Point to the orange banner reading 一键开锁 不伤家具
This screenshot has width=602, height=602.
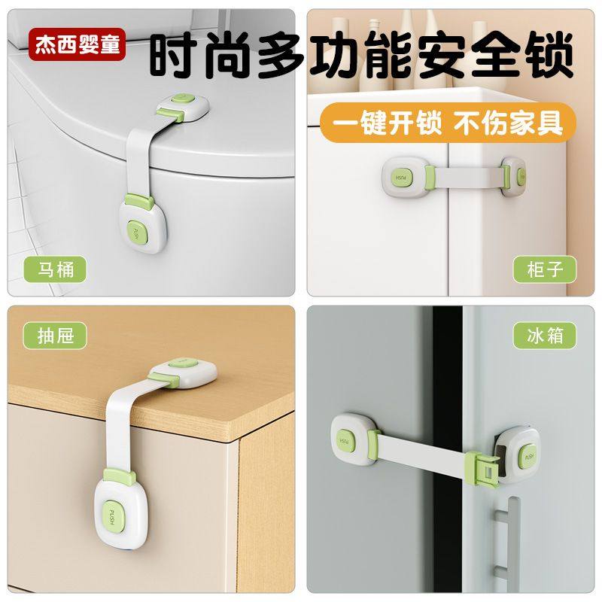[x=442, y=121]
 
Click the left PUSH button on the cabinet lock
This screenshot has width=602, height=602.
[x=400, y=177]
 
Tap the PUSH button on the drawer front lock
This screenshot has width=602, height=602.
[x=111, y=516]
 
